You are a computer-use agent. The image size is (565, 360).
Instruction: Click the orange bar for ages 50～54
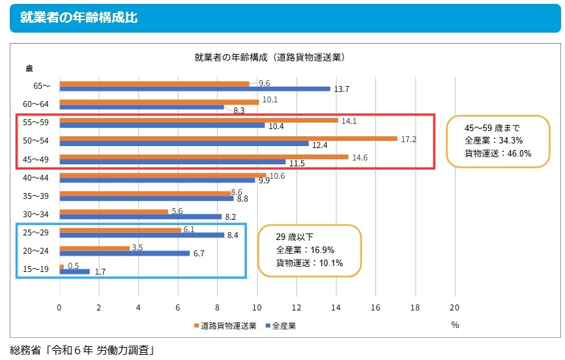point(228,138)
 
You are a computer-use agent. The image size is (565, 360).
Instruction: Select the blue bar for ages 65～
point(195,89)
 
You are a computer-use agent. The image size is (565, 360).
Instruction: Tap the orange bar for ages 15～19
point(61,266)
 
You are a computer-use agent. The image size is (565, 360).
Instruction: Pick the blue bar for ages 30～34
point(140,217)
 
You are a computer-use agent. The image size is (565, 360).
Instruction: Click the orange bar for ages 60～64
point(159,102)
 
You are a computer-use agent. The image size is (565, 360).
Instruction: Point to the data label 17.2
point(409,139)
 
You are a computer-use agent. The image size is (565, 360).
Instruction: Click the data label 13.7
point(342,89)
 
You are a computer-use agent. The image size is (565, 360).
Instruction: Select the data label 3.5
point(138,248)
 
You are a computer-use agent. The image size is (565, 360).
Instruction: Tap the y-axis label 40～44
point(36,177)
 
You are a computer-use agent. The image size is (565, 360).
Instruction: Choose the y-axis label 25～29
point(36,232)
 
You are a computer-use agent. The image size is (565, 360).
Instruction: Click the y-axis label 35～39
point(36,195)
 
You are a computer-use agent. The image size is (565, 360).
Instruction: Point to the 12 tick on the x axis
point(297,307)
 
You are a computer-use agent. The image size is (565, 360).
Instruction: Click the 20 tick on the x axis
point(455,307)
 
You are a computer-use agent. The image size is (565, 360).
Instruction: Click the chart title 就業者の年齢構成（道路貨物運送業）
point(269,57)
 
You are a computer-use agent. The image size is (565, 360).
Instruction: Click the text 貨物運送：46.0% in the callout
point(498,153)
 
